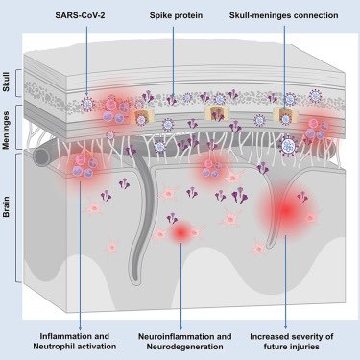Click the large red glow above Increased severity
[x=285, y=210]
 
